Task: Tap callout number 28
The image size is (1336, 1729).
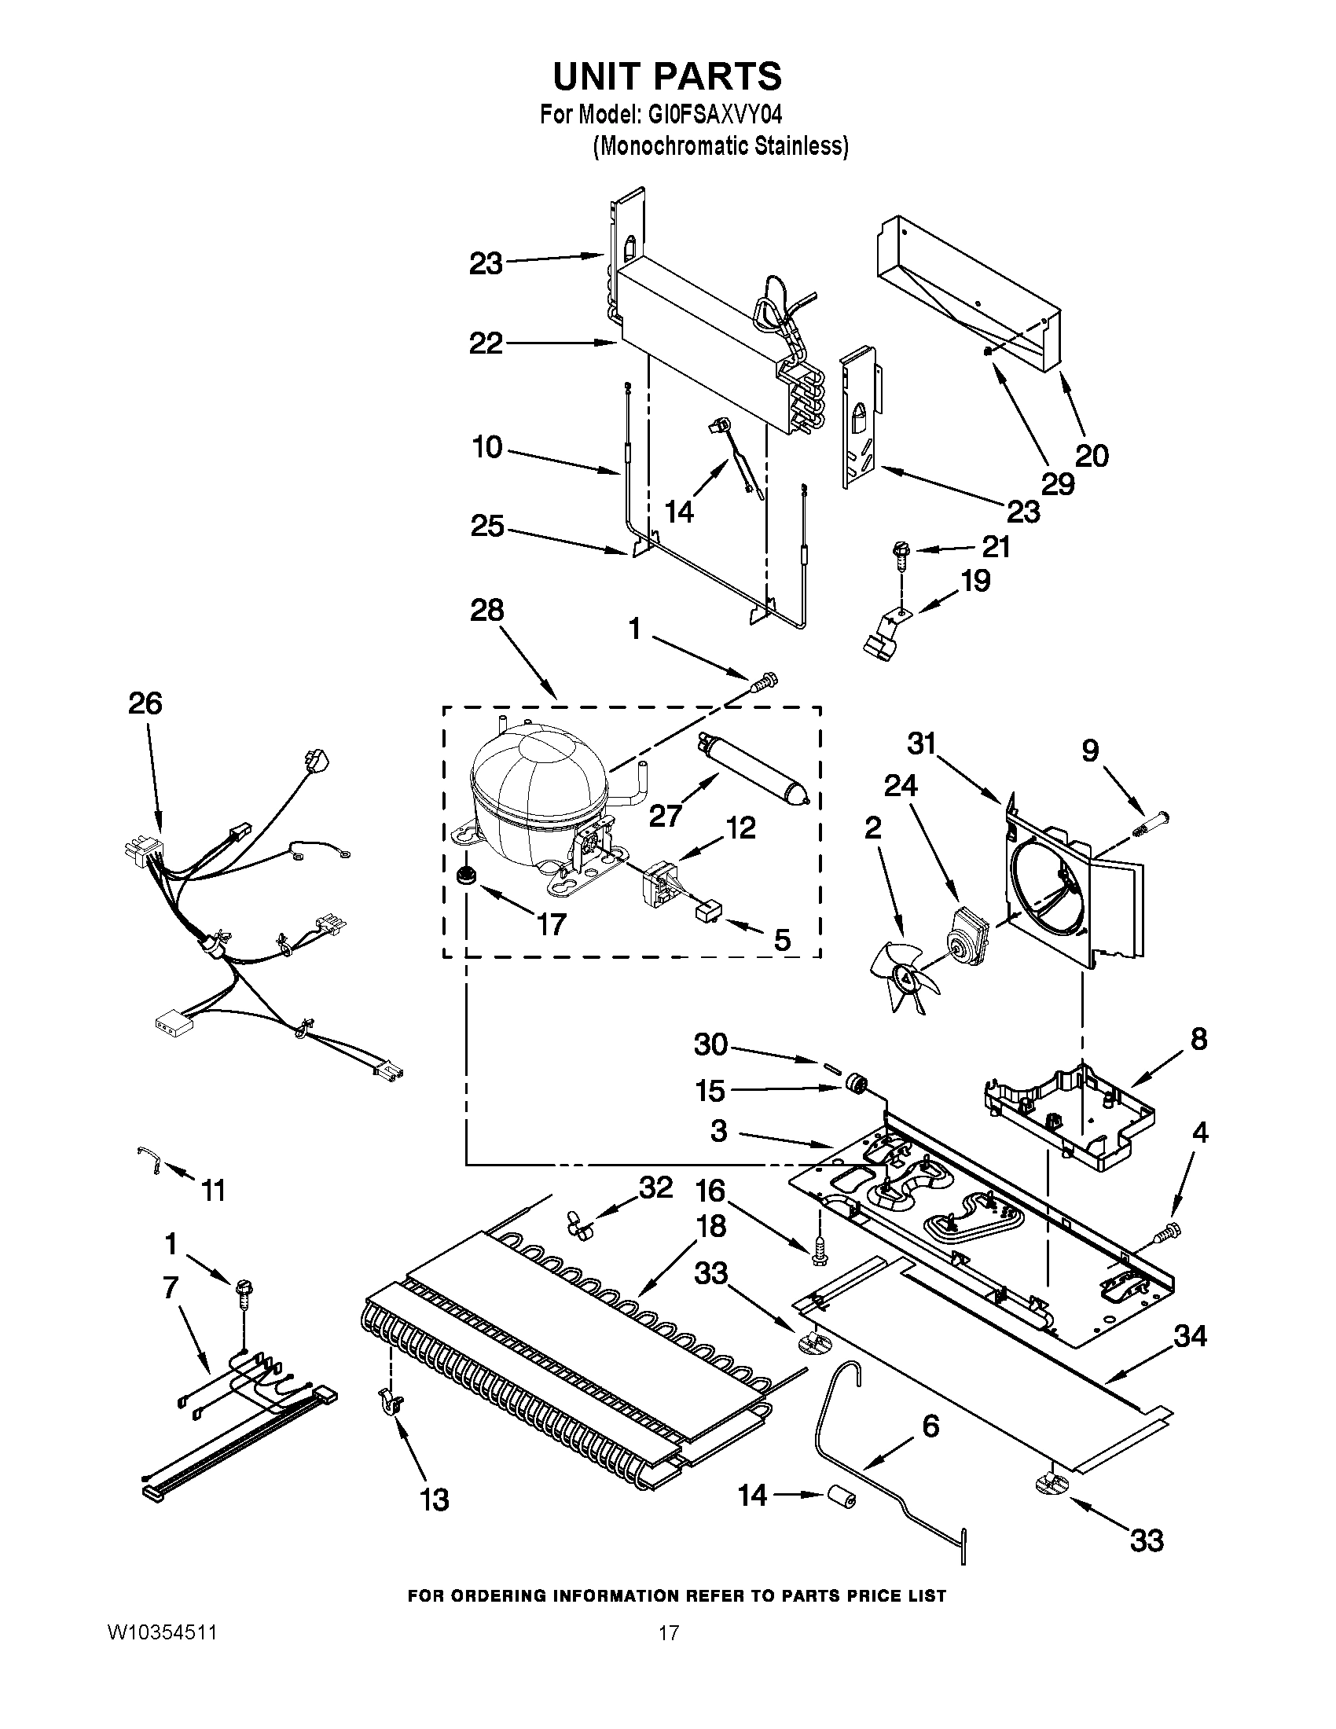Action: [x=487, y=611]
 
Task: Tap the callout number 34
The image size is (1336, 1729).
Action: [x=1190, y=1337]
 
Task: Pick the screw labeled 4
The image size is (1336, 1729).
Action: [x=1168, y=1232]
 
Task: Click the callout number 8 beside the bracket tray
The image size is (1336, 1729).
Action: [x=1198, y=1039]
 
